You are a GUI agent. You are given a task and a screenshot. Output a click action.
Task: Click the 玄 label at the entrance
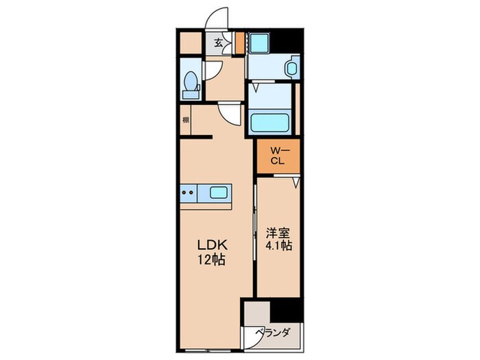(217, 43)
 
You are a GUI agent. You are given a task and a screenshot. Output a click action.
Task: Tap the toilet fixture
(192, 84)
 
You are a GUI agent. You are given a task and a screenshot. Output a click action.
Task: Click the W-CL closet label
(277, 156)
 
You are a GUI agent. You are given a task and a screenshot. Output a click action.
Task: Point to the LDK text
(213, 245)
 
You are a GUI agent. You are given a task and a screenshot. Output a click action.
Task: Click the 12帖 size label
(213, 260)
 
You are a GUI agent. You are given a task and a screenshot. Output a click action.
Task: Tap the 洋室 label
(276, 232)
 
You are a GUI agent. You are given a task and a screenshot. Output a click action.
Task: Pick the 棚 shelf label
(186, 121)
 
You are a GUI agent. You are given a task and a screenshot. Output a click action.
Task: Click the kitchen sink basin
(219, 193)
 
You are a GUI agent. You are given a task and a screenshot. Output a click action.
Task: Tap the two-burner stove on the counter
(189, 193)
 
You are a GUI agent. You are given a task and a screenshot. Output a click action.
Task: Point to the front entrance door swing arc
(219, 19)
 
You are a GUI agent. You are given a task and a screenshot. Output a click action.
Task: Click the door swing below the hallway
(229, 114)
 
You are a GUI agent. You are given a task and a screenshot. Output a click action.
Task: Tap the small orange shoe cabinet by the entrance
(239, 43)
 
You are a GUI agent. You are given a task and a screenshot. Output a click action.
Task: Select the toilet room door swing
(212, 69)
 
